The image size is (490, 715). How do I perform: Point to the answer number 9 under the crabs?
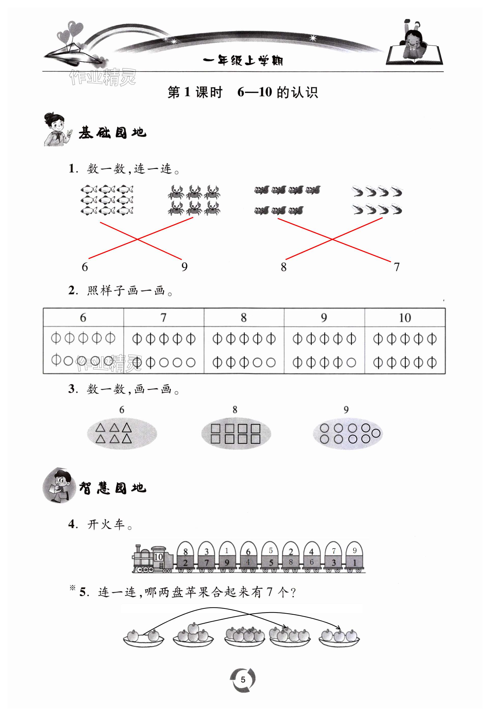(x=184, y=267)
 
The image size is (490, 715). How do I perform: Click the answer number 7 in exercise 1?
(x=397, y=267)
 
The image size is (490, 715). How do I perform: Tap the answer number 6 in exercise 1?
(x=85, y=267)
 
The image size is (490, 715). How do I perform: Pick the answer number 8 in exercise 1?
(x=284, y=267)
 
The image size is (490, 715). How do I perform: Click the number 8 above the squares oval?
(x=235, y=410)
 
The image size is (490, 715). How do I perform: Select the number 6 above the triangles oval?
(x=122, y=410)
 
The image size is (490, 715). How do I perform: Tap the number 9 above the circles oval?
(x=346, y=410)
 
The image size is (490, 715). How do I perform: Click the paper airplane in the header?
(x=74, y=55)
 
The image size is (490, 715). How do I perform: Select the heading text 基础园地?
(x=112, y=133)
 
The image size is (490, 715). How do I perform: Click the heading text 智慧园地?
(x=112, y=488)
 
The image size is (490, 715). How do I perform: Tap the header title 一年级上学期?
(x=243, y=61)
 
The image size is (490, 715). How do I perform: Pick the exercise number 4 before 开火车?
(x=73, y=524)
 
